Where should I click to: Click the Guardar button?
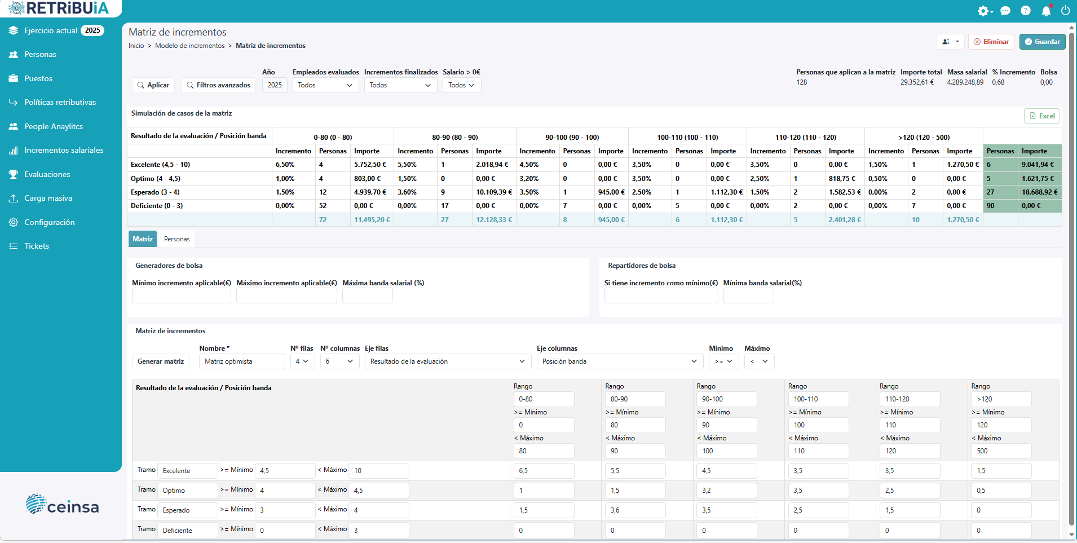(1042, 42)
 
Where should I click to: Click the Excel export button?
(1042, 116)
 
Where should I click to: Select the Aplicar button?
(153, 85)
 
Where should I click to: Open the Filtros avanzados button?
(218, 85)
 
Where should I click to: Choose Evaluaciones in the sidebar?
(47, 174)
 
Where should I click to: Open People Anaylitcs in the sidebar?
(54, 126)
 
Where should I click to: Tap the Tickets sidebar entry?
(37, 246)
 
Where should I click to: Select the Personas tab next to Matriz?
(176, 239)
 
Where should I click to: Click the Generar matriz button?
(161, 361)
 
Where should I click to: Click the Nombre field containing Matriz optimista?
(242, 361)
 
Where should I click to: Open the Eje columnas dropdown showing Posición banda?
(620, 361)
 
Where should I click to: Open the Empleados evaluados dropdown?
(325, 85)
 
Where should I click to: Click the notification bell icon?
(1046, 11)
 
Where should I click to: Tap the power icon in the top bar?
(1065, 11)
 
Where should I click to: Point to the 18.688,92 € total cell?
(1039, 192)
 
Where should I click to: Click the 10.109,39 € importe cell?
(494, 192)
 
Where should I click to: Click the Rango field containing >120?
(1001, 399)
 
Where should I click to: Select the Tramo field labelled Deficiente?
(187, 531)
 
